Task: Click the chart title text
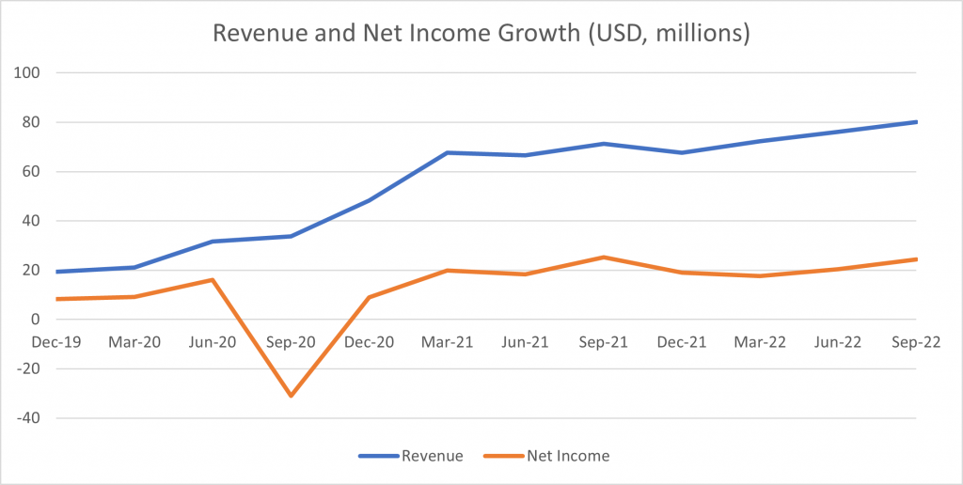click(481, 34)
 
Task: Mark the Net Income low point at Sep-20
click(291, 396)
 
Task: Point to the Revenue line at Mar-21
click(448, 152)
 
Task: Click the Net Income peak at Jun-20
click(213, 279)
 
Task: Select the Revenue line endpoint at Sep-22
click(917, 121)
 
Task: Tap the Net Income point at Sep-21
click(604, 257)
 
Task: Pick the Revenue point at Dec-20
click(369, 200)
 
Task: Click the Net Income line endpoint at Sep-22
click(917, 259)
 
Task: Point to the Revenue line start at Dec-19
click(56, 272)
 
